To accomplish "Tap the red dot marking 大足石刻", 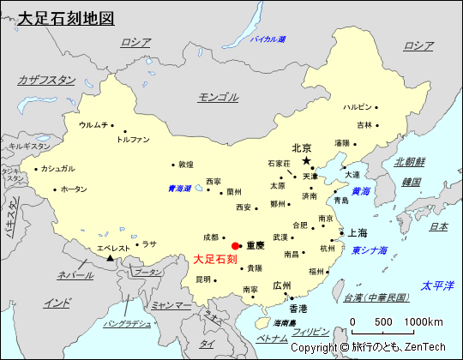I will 236,246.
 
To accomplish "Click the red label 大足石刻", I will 215,259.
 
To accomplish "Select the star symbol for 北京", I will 306,160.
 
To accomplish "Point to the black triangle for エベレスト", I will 110,257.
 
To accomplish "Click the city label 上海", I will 358,232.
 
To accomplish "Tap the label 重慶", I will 256,245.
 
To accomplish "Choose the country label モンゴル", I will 218,97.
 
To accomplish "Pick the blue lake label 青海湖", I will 179,189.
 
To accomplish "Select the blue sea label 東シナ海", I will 370,250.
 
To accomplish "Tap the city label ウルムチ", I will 93,124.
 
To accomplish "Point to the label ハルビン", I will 358,107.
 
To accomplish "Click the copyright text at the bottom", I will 368,348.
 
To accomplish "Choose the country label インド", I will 57,303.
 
